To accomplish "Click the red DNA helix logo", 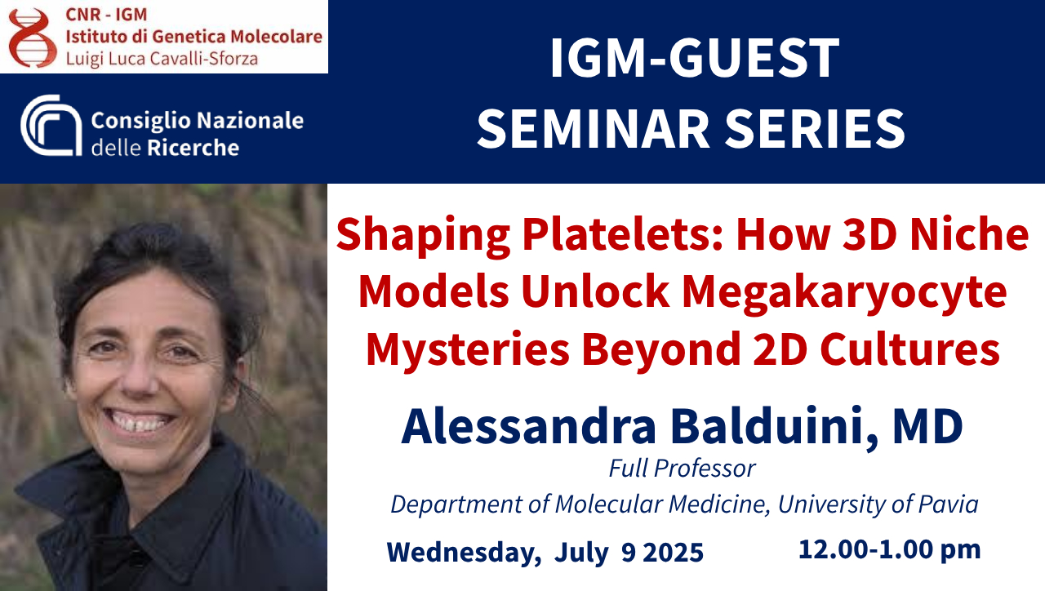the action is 33,38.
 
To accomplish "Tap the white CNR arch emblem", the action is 51,125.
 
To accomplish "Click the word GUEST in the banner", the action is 754,58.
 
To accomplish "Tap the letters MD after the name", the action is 928,427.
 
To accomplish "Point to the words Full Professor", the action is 682,469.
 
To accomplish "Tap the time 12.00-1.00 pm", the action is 890,549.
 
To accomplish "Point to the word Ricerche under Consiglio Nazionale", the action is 193,148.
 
